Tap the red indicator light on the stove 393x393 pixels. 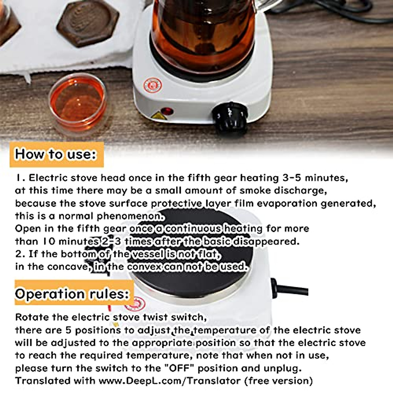point(168,111)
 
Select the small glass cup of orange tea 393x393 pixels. point(78,102)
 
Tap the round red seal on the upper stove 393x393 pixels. point(153,85)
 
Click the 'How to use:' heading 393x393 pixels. point(56,154)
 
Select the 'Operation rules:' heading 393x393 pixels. point(72,294)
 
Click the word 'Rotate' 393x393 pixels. point(32,317)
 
